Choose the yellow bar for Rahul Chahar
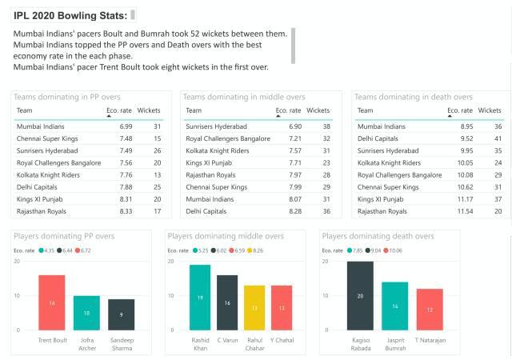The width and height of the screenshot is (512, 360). coord(254,307)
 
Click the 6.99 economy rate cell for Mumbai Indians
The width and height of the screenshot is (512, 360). coord(126,126)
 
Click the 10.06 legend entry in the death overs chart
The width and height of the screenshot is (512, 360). coord(395,250)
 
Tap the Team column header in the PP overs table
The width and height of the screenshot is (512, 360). coord(25,110)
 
